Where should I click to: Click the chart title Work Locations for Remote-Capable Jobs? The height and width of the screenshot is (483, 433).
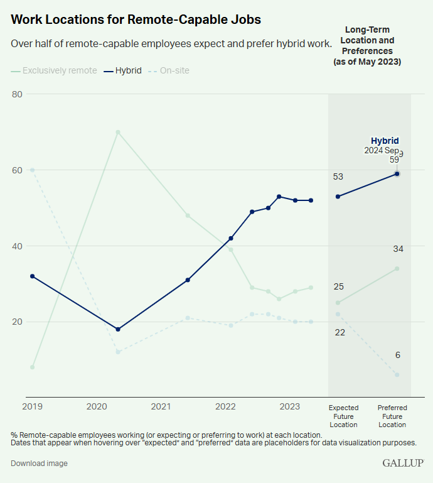(136, 19)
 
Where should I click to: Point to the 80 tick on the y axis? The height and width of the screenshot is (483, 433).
(17, 94)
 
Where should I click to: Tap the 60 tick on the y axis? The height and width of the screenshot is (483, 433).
(17, 170)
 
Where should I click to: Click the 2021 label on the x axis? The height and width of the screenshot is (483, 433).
(161, 407)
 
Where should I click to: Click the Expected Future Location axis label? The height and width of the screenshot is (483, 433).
(343, 416)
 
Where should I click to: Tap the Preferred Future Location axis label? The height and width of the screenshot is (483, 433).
(392, 416)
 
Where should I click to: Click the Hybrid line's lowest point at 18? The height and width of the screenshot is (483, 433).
(118, 329)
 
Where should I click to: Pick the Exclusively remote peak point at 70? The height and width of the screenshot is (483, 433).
(118, 132)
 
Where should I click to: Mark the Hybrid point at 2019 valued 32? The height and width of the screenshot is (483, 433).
(32, 276)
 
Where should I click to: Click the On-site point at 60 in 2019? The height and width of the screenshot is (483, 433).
(32, 170)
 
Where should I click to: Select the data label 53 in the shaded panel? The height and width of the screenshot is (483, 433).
(338, 177)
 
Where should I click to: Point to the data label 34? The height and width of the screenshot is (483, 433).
(398, 249)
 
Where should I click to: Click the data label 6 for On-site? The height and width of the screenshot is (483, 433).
(398, 355)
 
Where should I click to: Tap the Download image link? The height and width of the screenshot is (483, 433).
(39, 464)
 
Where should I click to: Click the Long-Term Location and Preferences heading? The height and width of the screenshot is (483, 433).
(367, 46)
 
